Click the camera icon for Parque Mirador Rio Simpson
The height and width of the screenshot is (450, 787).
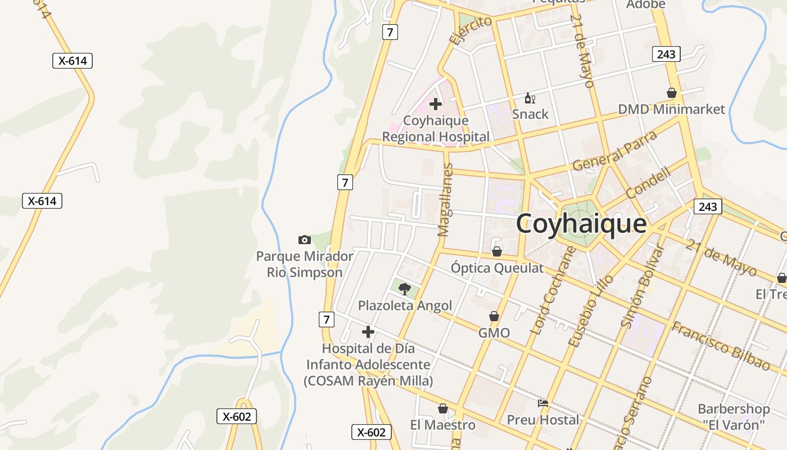(x=305, y=240)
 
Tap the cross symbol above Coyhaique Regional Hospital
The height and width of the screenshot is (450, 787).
(x=435, y=104)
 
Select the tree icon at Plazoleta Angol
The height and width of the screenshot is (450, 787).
(x=404, y=289)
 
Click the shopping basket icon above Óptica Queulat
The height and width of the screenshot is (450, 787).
(x=496, y=251)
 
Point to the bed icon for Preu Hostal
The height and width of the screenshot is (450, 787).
(x=543, y=403)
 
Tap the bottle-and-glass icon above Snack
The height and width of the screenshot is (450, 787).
(x=530, y=98)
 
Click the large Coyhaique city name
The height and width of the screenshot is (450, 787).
(x=581, y=224)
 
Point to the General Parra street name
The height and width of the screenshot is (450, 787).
(x=614, y=151)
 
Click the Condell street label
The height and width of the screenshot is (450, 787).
(x=648, y=182)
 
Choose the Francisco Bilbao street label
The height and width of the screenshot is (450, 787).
(x=721, y=345)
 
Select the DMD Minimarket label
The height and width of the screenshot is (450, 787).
(x=672, y=109)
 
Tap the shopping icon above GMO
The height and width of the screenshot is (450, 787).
(x=494, y=317)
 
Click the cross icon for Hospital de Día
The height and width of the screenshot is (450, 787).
(x=368, y=332)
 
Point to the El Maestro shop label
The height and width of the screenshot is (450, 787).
(x=443, y=425)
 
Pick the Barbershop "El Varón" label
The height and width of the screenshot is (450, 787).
(x=734, y=416)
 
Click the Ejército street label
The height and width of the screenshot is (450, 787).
(x=471, y=30)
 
